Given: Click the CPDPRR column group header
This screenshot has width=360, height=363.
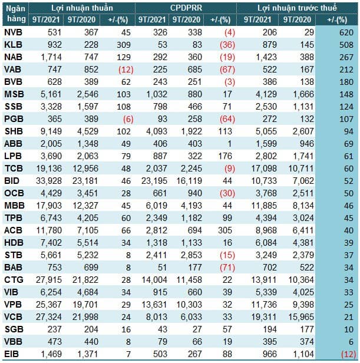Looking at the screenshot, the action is [x=186, y=8].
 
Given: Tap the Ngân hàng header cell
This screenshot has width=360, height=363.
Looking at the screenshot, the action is [x=15, y=14].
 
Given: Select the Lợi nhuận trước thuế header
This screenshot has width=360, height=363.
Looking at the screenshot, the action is [x=297, y=8].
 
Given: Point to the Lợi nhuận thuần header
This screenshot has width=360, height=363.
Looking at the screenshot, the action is [x=82, y=8].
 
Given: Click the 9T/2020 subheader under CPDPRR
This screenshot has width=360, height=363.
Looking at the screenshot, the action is [x=186, y=19].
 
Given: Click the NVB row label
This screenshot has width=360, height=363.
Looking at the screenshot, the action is [x=13, y=32].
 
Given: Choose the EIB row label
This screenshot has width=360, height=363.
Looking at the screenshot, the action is [x=11, y=354].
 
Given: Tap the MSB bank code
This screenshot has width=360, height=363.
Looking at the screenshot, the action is [x=14, y=94].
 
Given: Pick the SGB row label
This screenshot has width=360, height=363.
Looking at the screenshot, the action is [x=14, y=329].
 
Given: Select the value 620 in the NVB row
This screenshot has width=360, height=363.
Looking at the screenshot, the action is [x=346, y=32].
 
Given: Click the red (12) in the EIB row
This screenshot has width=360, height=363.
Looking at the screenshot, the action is [x=348, y=354].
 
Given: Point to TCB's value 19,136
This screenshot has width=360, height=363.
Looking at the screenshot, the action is [x=49, y=169].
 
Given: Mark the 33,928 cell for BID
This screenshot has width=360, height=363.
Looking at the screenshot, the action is [x=49, y=181].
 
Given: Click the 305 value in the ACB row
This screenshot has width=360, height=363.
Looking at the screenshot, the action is [x=225, y=230].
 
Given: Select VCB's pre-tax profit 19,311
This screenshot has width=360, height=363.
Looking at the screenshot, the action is [x=264, y=317].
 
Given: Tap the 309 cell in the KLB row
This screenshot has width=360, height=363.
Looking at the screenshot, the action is [x=124, y=45].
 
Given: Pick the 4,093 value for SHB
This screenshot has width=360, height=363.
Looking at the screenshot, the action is [x=157, y=131].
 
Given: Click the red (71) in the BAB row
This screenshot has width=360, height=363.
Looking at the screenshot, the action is [x=227, y=268].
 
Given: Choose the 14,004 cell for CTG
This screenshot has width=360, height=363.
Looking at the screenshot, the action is [x=154, y=280].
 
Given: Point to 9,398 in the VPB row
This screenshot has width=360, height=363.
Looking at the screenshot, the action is [x=303, y=305].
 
